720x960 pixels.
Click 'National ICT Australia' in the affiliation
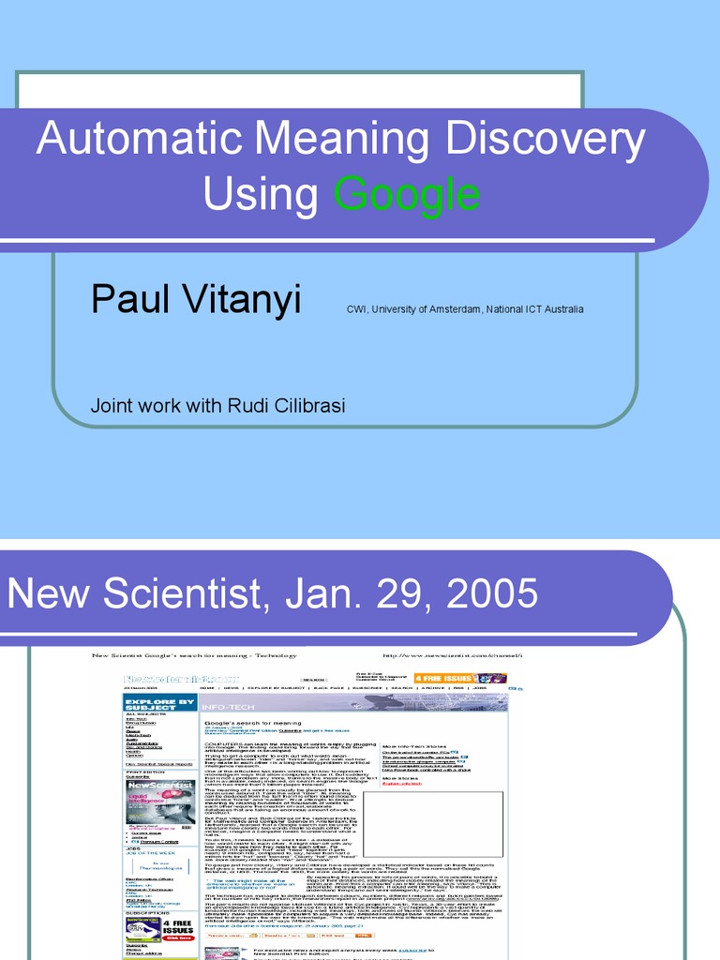(x=530, y=309)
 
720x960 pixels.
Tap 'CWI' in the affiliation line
(x=357, y=309)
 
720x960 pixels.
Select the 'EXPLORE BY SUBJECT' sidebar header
(x=160, y=702)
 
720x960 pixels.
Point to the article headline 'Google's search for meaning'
(x=252, y=724)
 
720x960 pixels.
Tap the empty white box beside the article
(x=433, y=824)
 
